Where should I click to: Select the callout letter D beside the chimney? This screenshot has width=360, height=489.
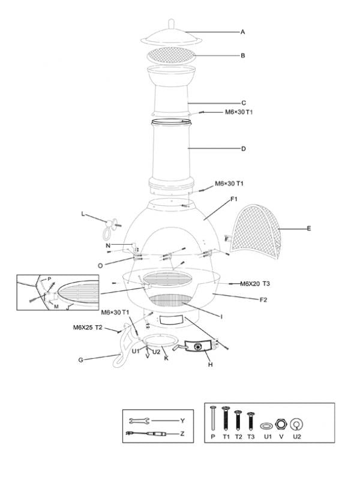(243, 148)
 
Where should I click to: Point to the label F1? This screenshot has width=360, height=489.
(234, 199)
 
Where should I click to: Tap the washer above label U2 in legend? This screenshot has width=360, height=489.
(295, 425)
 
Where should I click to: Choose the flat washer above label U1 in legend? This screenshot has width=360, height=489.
(266, 425)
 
